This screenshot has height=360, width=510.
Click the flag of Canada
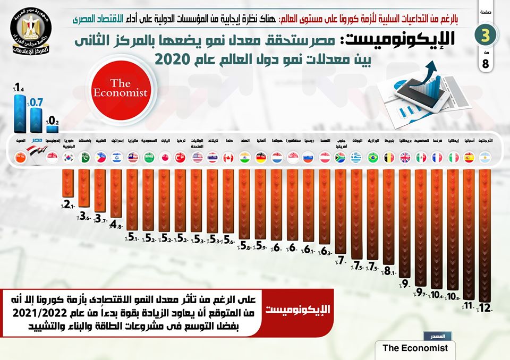(228, 158)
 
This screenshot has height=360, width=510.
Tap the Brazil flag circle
(372, 158)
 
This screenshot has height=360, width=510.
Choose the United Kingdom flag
(405, 158)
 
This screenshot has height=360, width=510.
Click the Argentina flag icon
(484, 158)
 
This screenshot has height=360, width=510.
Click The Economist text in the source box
(415, 348)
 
